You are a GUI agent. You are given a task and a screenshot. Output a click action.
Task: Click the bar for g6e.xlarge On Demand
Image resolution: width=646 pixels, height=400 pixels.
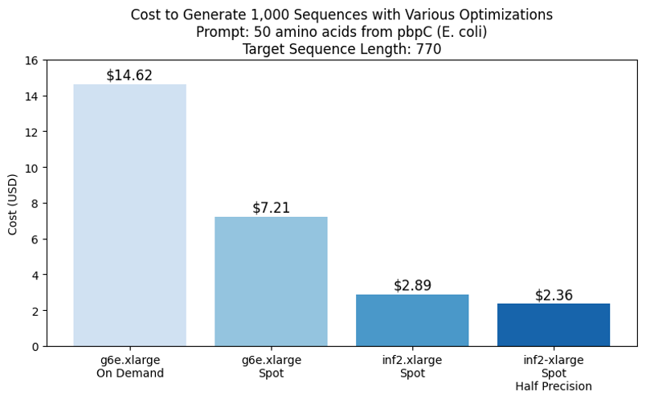point(129,215)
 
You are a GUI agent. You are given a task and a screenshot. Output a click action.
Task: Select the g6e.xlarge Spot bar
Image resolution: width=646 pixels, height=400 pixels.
point(271,281)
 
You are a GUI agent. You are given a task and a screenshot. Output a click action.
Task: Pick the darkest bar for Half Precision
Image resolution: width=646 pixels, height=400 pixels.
point(554,324)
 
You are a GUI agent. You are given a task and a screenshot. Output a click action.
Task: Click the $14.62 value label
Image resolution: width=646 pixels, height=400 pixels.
point(129,76)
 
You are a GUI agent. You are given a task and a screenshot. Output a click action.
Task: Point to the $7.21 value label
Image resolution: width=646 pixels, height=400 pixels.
point(271,208)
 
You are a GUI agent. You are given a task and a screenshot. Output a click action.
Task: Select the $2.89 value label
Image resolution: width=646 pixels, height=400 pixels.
point(412,285)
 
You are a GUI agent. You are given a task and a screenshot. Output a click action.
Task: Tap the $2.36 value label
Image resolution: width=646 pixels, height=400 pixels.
point(554,295)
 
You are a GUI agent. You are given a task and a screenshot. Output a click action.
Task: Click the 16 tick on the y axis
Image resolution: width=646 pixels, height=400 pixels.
point(31,60)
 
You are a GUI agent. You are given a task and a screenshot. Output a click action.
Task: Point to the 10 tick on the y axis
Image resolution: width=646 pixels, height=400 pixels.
point(31,168)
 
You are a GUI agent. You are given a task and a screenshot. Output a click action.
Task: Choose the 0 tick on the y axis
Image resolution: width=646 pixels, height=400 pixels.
point(35,346)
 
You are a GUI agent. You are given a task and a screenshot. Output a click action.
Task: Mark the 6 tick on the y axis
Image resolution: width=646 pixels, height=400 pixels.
point(35,239)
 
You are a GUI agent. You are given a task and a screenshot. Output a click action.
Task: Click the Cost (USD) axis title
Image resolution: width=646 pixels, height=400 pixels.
point(13,203)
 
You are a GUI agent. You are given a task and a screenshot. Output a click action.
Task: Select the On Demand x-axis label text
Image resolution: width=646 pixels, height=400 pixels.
point(129,373)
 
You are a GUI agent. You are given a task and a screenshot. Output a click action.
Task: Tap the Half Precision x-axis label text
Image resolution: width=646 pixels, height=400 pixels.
point(554,387)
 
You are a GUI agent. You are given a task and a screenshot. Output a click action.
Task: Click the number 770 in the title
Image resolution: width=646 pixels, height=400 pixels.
point(429,49)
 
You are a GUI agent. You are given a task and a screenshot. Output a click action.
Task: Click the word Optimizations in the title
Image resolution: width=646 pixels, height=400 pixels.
point(509,14)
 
